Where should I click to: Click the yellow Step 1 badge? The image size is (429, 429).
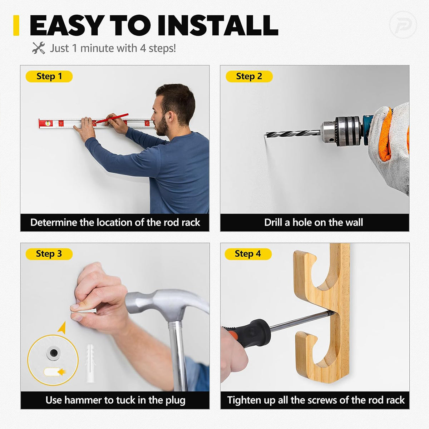49,77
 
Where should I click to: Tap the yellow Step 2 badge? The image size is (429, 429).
249,77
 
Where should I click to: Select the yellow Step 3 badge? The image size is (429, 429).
49,254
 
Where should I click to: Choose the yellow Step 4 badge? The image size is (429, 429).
248,254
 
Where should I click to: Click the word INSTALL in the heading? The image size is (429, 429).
218,26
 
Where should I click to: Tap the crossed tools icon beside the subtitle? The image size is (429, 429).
39,48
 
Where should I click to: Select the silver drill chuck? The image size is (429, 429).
340,130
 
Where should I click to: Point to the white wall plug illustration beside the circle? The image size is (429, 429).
90,363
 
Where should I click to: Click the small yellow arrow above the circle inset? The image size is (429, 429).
62,327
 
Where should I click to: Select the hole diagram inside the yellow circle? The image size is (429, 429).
53,353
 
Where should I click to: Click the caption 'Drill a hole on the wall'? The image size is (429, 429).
314,222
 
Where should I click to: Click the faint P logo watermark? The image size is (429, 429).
403,25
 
